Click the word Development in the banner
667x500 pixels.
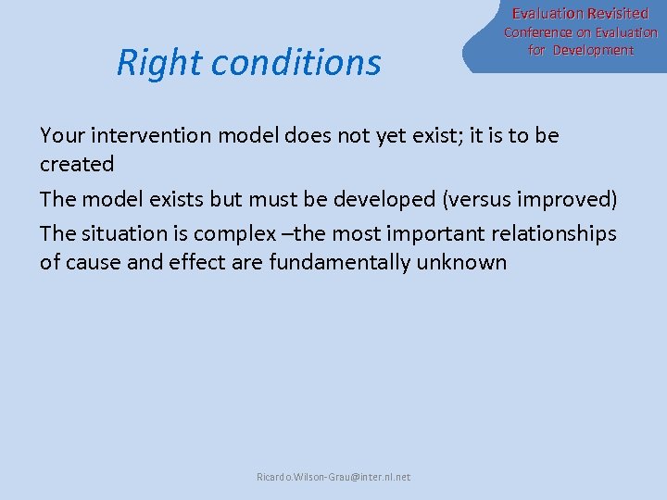593,50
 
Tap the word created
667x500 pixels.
77,165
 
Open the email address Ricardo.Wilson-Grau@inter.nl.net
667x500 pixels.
333,477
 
